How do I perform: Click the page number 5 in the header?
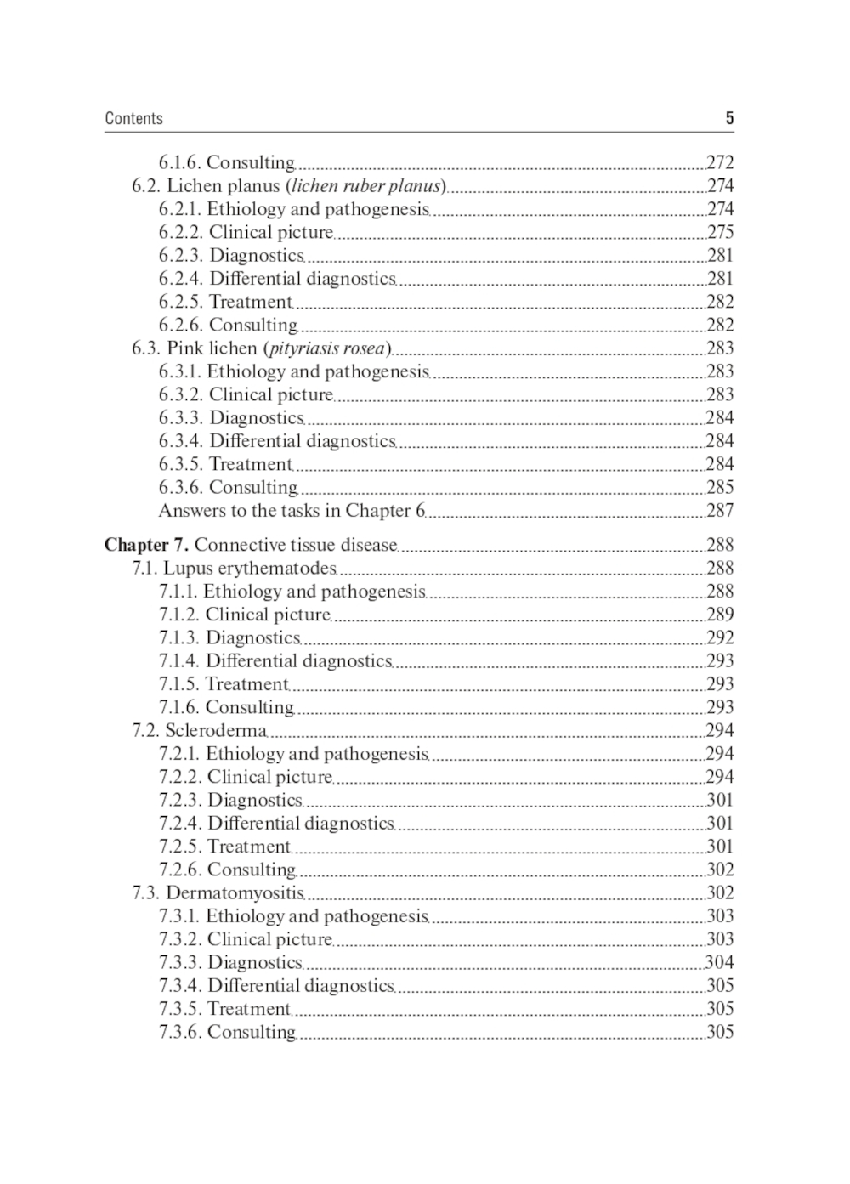pyautogui.click(x=728, y=118)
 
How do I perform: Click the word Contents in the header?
pyautogui.click(x=133, y=118)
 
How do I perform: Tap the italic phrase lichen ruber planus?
pyautogui.click(x=366, y=185)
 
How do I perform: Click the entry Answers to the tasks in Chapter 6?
pyautogui.click(x=291, y=510)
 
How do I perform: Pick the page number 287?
pyautogui.click(x=720, y=510)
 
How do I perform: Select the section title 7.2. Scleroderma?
pyautogui.click(x=199, y=730)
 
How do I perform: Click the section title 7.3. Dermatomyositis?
pyautogui.click(x=218, y=892)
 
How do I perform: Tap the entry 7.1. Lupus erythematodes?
pyautogui.click(x=234, y=568)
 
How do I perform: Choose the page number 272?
pyautogui.click(x=720, y=162)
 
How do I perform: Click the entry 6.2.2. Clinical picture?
pyautogui.click(x=246, y=232)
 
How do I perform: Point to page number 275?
pyautogui.click(x=720, y=232)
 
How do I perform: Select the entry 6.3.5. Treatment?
pyautogui.click(x=225, y=464)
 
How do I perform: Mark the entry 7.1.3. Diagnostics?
pyautogui.click(x=229, y=637)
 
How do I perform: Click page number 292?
pyautogui.click(x=720, y=637)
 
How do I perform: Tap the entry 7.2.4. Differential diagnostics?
pyautogui.click(x=276, y=823)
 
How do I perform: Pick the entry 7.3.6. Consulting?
pyautogui.click(x=227, y=1032)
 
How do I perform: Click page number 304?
pyautogui.click(x=720, y=962)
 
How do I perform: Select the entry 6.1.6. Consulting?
pyautogui.click(x=226, y=162)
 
